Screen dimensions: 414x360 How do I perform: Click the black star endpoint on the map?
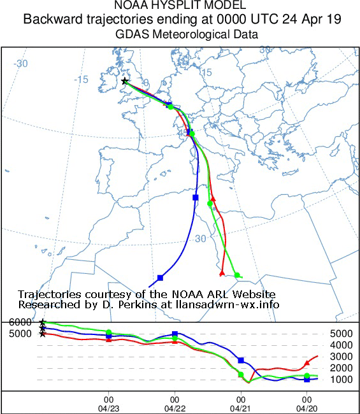click(125, 81)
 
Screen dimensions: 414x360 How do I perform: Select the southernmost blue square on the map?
click(160, 278)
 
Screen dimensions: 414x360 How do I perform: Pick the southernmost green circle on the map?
click(237, 275)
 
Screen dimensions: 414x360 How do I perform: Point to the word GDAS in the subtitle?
click(132, 33)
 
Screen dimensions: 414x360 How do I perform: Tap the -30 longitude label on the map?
click(22, 63)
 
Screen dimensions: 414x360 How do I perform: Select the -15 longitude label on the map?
click(81, 79)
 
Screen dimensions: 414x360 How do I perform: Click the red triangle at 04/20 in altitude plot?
click(307, 362)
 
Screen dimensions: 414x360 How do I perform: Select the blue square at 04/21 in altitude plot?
click(241, 360)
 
